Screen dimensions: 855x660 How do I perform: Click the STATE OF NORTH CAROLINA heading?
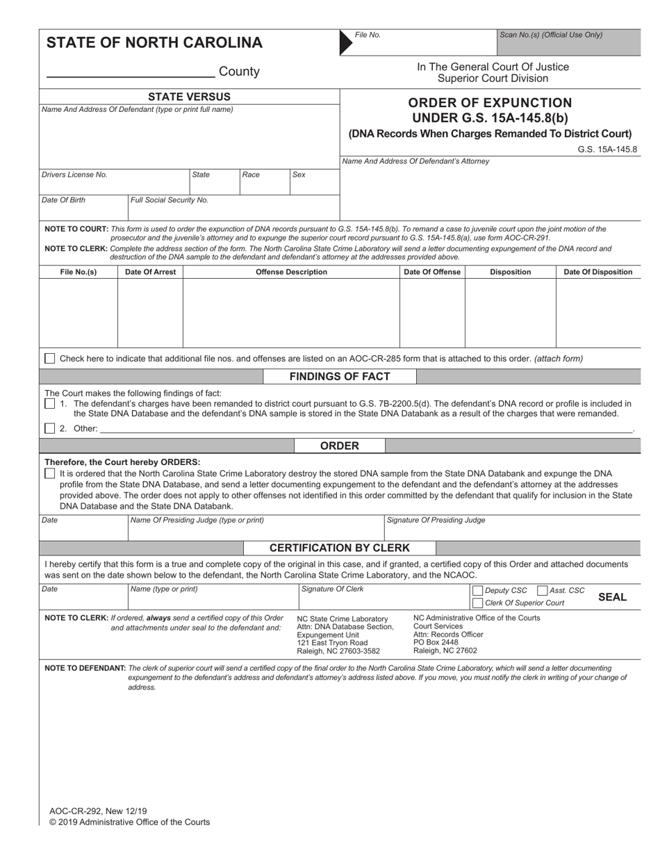(x=154, y=43)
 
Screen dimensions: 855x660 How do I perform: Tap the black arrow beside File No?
(x=345, y=43)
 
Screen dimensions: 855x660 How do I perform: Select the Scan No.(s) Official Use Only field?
(x=568, y=43)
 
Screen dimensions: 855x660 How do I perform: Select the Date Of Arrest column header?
(x=150, y=272)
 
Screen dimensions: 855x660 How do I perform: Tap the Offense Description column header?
(x=291, y=272)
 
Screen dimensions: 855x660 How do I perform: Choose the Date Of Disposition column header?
(x=597, y=272)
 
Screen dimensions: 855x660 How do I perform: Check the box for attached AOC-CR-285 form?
(x=50, y=359)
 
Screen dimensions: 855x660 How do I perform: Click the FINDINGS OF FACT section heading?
(x=340, y=377)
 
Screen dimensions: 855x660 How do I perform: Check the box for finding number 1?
(x=50, y=404)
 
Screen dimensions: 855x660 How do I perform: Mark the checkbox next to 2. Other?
(x=50, y=428)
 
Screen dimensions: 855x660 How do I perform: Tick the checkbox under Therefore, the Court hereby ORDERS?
(x=50, y=473)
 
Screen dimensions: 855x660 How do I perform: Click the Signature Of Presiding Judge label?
(x=436, y=520)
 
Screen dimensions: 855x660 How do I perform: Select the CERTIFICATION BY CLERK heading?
(x=340, y=548)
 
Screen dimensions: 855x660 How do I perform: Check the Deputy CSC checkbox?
(x=477, y=591)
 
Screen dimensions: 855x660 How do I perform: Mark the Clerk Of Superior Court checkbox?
(x=477, y=603)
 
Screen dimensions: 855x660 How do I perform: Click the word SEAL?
(x=612, y=597)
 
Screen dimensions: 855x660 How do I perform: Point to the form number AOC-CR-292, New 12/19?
(x=98, y=811)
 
